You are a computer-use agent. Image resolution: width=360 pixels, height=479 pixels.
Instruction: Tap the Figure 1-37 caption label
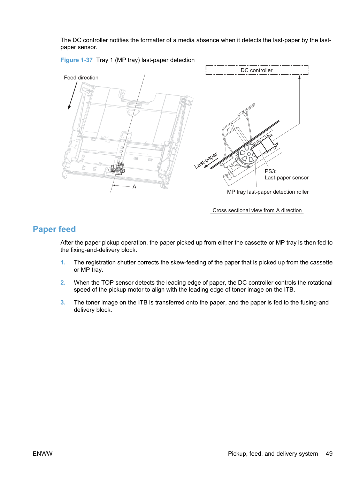76,60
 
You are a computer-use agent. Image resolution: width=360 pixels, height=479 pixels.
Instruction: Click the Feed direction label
81,78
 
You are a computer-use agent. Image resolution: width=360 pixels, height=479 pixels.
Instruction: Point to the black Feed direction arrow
72,95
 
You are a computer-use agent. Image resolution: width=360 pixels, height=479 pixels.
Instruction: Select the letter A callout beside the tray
134,187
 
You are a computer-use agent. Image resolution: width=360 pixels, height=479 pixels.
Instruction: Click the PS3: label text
270,171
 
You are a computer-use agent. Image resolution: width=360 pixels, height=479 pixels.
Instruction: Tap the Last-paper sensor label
287,178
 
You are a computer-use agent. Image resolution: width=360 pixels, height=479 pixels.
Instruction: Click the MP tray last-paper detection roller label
268,192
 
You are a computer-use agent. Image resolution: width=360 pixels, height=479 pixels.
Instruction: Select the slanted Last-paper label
206,160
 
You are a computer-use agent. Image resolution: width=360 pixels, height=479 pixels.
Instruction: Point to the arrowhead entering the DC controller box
299,77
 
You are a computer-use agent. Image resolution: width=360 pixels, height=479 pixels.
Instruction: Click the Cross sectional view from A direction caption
257,210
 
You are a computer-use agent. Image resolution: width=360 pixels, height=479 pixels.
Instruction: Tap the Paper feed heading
54,229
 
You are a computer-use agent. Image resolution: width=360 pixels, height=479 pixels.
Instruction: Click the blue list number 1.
63,262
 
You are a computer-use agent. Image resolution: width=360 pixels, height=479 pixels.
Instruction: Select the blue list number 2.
63,283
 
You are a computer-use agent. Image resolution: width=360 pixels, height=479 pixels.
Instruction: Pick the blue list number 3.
63,302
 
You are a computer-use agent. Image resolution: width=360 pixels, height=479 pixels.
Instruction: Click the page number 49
329,454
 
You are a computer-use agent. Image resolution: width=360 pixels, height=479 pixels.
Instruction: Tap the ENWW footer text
43,454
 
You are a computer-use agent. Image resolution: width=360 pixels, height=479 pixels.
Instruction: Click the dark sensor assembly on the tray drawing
117,168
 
